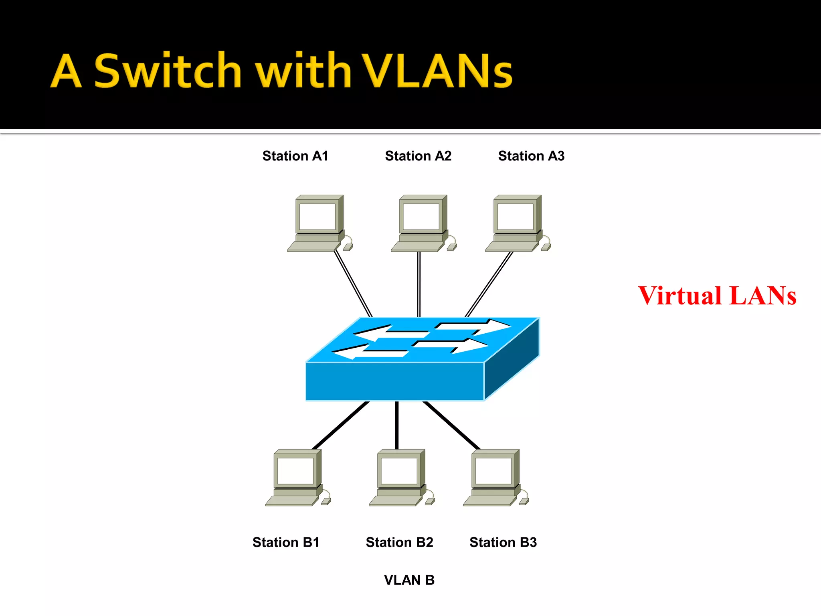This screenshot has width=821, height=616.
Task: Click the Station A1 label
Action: [295, 156]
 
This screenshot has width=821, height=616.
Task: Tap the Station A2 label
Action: [418, 156]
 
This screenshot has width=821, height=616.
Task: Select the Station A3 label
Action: [531, 156]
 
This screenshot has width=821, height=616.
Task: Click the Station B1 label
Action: [286, 542]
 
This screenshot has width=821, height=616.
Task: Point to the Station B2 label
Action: [399, 542]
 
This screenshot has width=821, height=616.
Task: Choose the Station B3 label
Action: [503, 542]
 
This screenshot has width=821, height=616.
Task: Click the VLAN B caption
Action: [409, 580]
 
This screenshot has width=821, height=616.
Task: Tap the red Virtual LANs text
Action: [717, 296]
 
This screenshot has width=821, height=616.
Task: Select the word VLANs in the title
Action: [437, 71]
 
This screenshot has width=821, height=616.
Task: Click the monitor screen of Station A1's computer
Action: [317, 217]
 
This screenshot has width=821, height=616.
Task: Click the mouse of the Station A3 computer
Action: [546, 247]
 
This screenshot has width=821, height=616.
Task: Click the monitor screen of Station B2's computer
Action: [399, 471]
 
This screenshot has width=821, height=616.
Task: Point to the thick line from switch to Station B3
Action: [452, 426]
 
